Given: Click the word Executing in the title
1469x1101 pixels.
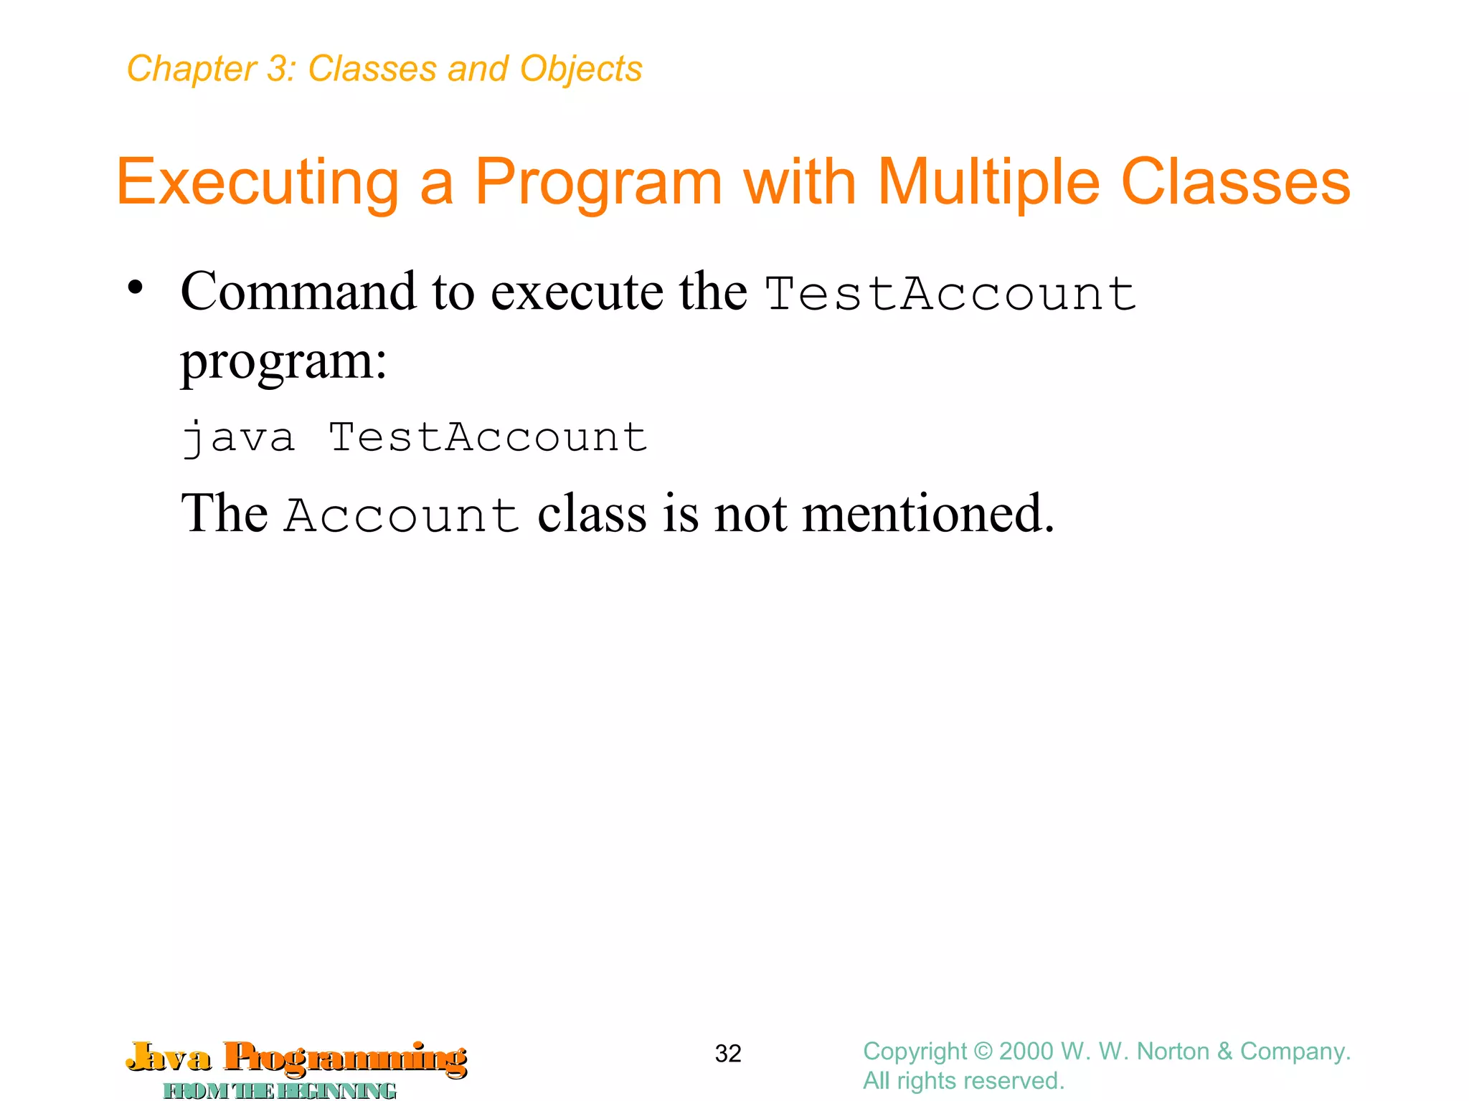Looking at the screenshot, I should pos(257,183).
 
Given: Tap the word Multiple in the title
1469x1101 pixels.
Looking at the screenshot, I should pos(988,183).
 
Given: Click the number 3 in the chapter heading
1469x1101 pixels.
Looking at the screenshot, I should pos(277,70).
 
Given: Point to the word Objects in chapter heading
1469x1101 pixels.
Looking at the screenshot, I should pos(580,70).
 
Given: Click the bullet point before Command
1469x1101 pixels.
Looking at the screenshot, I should pos(135,289).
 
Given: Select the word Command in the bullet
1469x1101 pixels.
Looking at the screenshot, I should pos(298,292).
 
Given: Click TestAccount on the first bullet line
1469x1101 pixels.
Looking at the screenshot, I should pos(950,293).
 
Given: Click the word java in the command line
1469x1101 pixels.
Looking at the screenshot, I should pos(238,437).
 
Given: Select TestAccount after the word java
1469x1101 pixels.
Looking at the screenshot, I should pos(488,437).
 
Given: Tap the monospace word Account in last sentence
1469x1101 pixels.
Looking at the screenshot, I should pos(402,515).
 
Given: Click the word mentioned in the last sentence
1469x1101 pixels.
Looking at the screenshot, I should pos(927,513).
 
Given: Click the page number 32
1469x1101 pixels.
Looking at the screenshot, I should pos(727,1054).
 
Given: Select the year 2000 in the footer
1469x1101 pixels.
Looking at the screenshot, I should pos(1027,1052).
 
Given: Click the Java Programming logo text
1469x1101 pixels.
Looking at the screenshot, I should pos(296,1059).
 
